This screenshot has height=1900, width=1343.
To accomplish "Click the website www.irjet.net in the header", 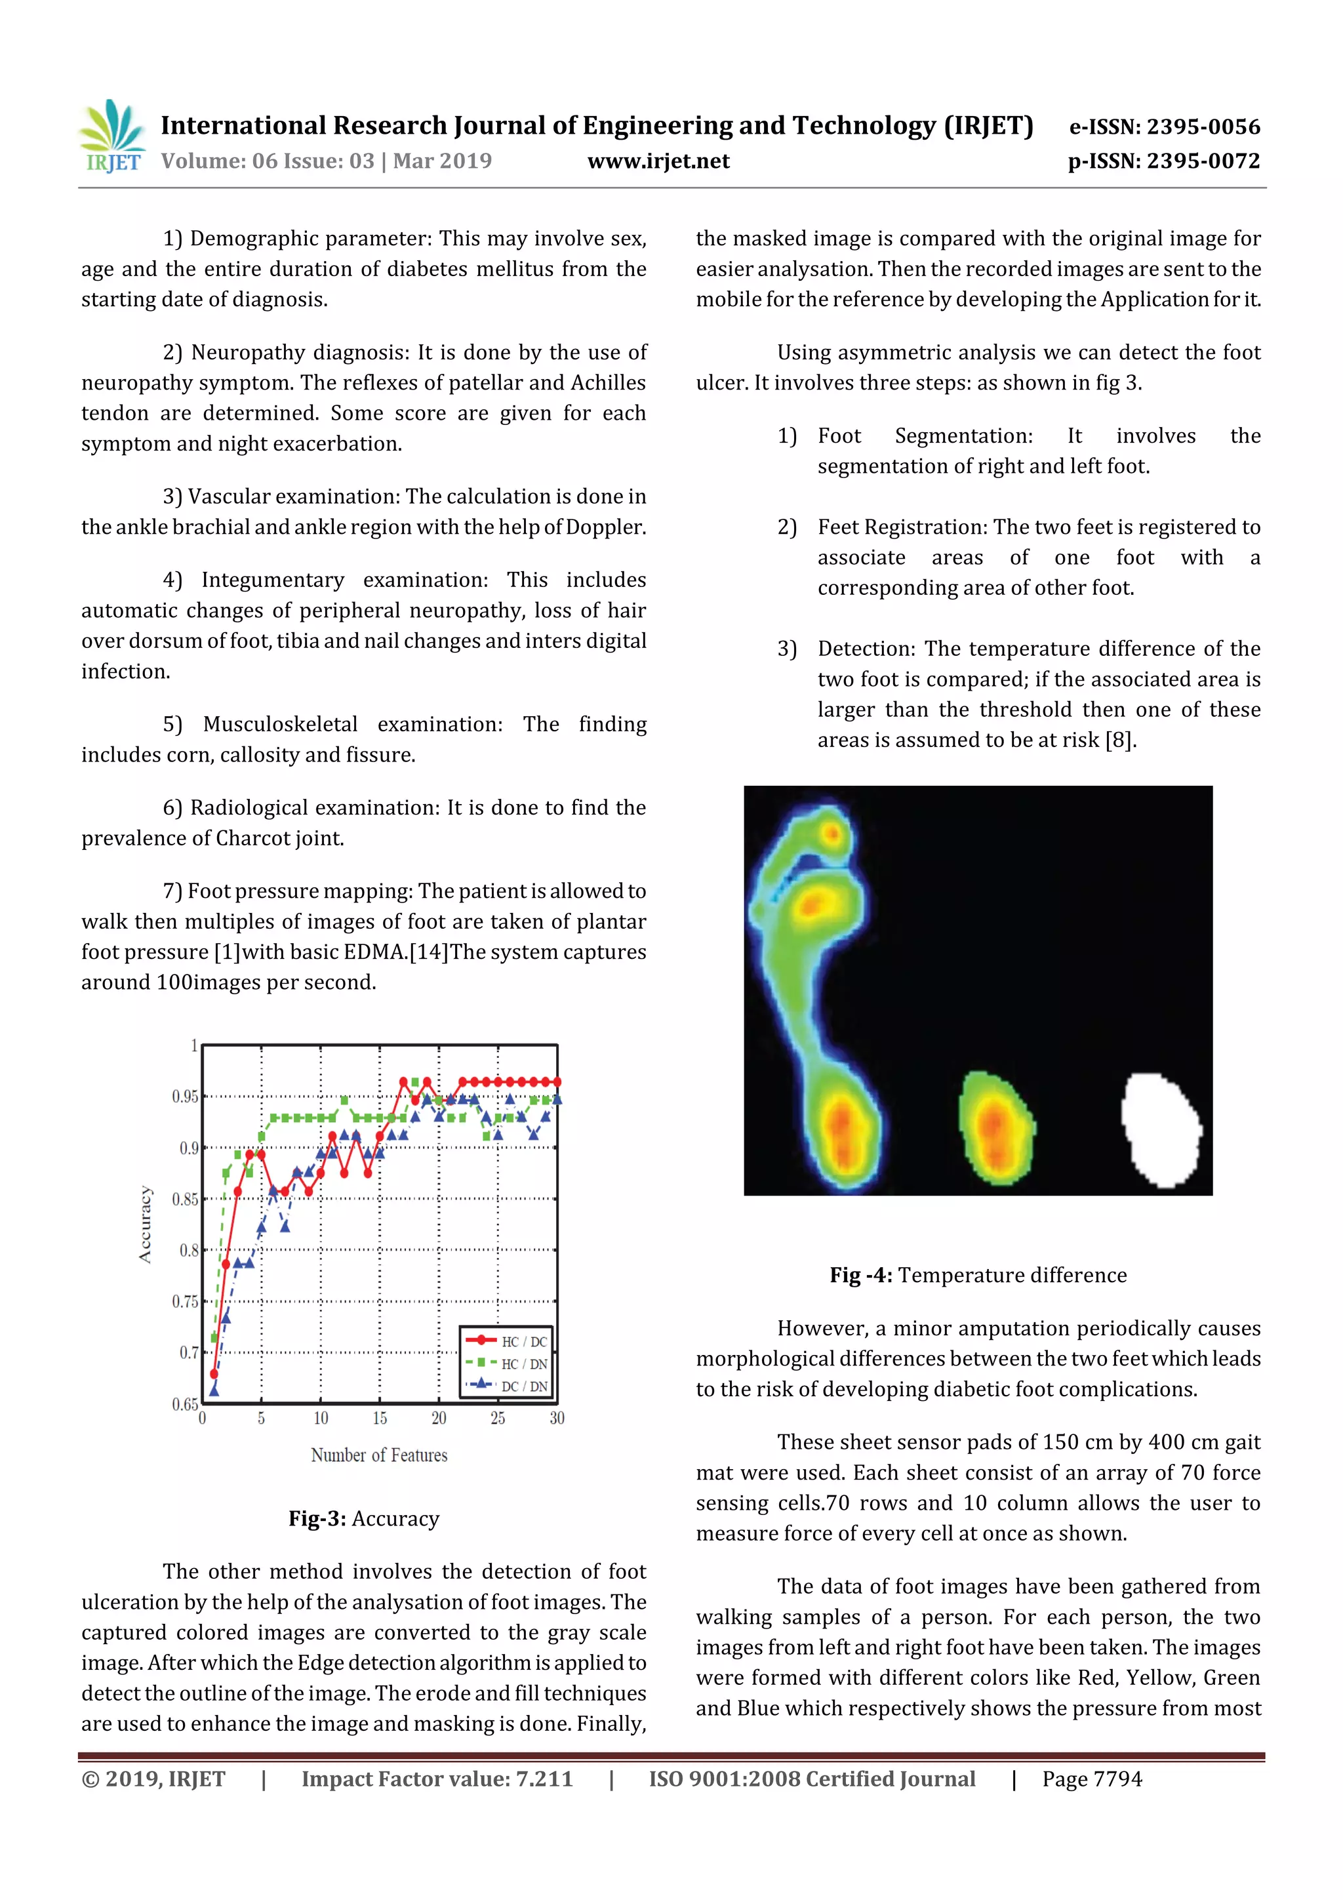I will pos(658,161).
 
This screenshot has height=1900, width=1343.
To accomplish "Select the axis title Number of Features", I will pos(379,1455).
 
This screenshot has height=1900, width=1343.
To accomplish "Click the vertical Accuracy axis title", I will pos(146,1224).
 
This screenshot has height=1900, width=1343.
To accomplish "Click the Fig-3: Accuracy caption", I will pos(363,1518).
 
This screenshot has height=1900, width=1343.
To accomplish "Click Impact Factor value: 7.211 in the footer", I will pos(436,1779).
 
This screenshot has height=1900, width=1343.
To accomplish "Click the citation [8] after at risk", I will pos(1121,740).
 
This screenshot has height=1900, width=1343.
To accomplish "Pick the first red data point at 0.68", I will pos(214,1374).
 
